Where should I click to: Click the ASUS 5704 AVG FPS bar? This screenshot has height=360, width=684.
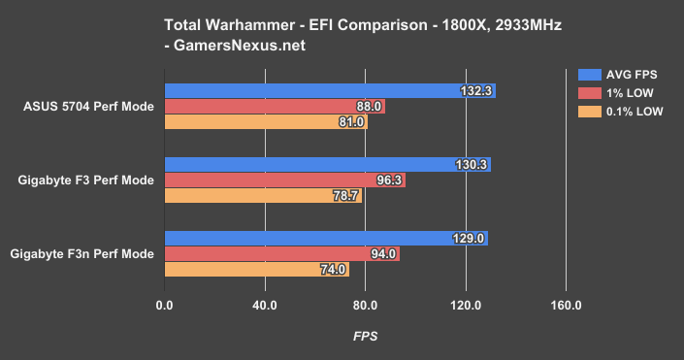[330, 91]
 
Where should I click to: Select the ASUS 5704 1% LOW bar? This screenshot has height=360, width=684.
[275, 107]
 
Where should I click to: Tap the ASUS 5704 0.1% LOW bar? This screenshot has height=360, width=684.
[266, 122]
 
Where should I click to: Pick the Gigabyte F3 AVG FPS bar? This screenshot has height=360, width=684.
[327, 165]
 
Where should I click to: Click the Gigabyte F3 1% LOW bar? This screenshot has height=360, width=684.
[285, 180]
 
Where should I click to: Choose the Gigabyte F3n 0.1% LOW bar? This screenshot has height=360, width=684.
[257, 270]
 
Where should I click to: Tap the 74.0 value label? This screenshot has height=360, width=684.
[332, 270]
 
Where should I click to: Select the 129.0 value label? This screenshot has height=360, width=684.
[469, 239]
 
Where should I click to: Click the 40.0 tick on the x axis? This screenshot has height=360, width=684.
[264, 307]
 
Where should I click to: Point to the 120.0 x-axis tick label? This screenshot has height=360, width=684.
[465, 307]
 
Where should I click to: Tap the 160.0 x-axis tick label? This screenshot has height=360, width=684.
[566, 307]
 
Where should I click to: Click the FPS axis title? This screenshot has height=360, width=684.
[365, 336]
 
